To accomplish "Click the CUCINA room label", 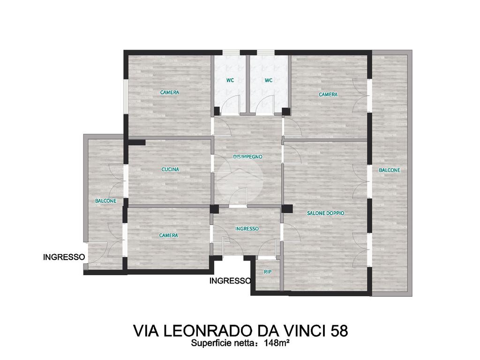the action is (170, 169).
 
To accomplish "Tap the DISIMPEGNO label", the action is (247, 157).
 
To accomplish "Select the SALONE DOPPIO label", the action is (325, 213).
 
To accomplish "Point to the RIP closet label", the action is (268, 272).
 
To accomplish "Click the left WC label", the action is (230, 80).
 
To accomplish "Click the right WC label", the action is (269, 80).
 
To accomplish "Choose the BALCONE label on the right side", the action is (390, 170).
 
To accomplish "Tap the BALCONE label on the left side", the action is (105, 201).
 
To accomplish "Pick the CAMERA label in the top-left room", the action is (170, 92).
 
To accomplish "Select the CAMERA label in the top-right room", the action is (328, 95).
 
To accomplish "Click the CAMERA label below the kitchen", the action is (168, 235).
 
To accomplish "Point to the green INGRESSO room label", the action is (247, 229).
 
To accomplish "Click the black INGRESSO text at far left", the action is (64, 257).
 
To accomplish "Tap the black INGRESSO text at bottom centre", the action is (230, 281).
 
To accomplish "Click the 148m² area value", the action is (277, 344).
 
